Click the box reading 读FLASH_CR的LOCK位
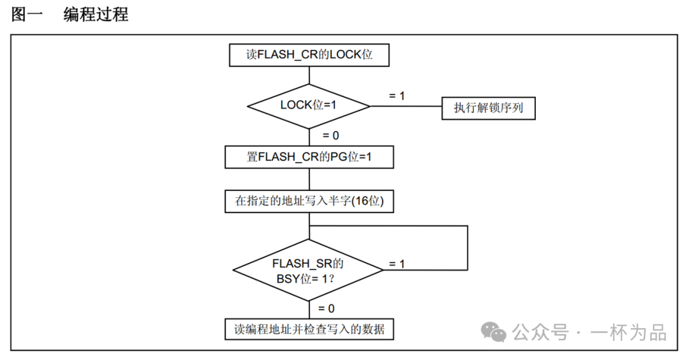coord(309,55)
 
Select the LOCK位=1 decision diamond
coord(309,105)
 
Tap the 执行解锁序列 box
coord(488,108)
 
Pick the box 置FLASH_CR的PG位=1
coord(309,157)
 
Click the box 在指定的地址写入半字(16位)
coord(309,202)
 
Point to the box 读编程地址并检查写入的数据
coord(309,329)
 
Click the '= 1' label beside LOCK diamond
coord(397,96)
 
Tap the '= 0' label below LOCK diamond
coord(330,135)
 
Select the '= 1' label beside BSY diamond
coord(397,263)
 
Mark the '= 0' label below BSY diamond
coord(327,308)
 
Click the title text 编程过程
coord(96,14)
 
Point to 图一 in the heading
coord(27,14)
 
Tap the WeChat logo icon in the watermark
coord(494,332)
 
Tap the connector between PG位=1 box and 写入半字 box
coord(309,179)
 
